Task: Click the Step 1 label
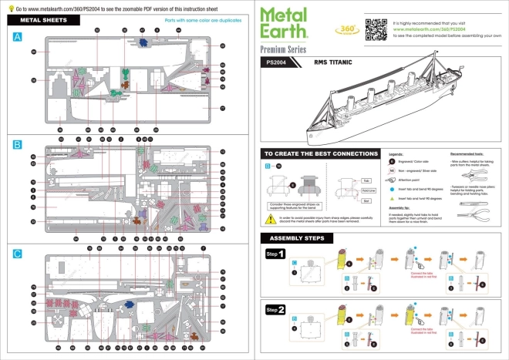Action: pyautogui.click(x=276, y=254)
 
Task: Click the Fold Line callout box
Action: pyautogui.click(x=367, y=190)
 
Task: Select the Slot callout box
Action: pyautogui.click(x=367, y=201)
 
